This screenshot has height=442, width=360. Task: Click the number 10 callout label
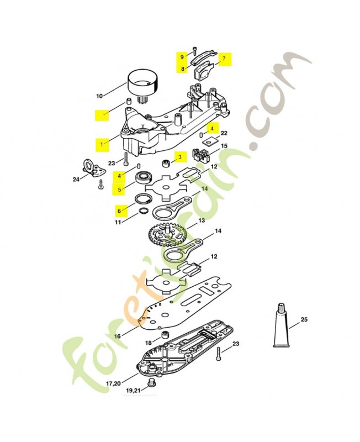[x=99, y=96]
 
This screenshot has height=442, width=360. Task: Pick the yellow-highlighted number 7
[x=224, y=58]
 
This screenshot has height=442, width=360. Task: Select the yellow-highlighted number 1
[x=102, y=144]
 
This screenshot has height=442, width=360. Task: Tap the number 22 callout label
[x=224, y=133]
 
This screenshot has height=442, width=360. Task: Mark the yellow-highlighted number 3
[x=179, y=157]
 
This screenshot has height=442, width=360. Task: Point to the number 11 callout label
[x=118, y=222]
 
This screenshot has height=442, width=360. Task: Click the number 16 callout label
[x=117, y=336]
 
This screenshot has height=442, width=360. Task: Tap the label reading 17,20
[x=113, y=383]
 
